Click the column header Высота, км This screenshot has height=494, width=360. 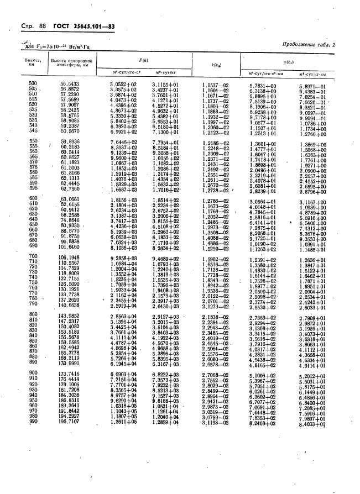30,61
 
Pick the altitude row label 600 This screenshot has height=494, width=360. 32,198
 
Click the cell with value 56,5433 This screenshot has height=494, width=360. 70,83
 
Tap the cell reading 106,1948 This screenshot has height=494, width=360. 70,257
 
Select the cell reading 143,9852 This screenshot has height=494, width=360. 69,315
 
